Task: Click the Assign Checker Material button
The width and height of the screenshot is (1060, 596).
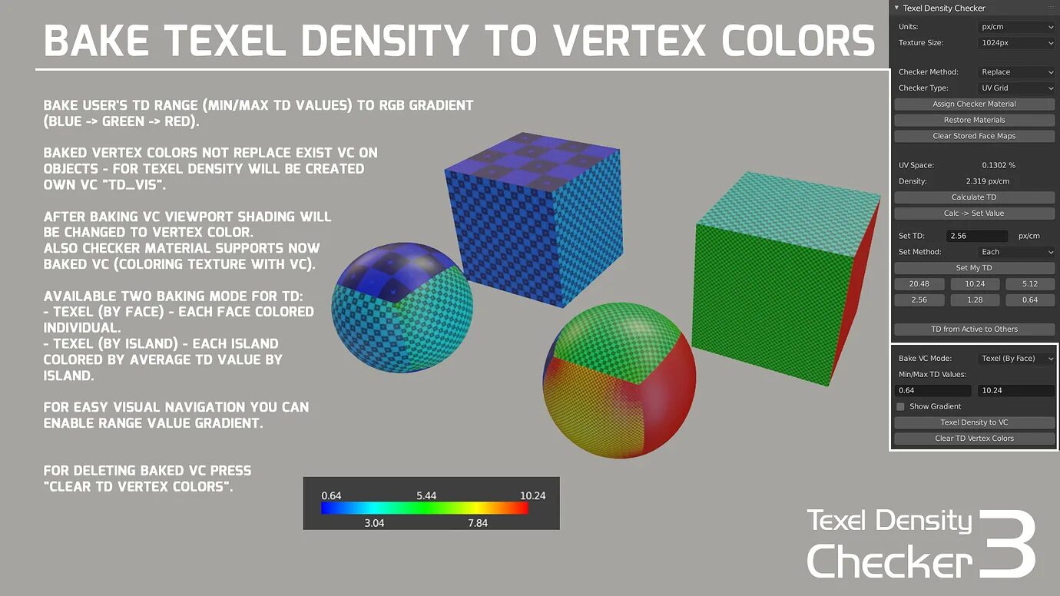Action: (x=974, y=104)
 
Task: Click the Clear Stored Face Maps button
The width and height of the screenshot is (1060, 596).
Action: (x=974, y=136)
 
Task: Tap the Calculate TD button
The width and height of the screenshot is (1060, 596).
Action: (x=974, y=197)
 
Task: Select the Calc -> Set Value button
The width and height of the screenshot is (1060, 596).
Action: (x=974, y=214)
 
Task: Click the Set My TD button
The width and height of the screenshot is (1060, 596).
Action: (x=974, y=268)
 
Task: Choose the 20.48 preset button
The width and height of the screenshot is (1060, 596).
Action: (x=919, y=284)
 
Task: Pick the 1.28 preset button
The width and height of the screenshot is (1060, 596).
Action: (x=974, y=300)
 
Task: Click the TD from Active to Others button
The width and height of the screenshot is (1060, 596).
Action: (x=974, y=329)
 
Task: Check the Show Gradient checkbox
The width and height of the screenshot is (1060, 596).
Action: (x=901, y=406)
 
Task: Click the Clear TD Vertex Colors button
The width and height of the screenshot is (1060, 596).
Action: (x=974, y=439)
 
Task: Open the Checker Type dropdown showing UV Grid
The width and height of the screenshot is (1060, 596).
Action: (x=1016, y=88)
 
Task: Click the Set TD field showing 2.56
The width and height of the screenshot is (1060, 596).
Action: (x=976, y=236)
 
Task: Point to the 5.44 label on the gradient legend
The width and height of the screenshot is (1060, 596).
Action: (x=426, y=495)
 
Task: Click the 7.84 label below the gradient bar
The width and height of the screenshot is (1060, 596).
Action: (x=477, y=523)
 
